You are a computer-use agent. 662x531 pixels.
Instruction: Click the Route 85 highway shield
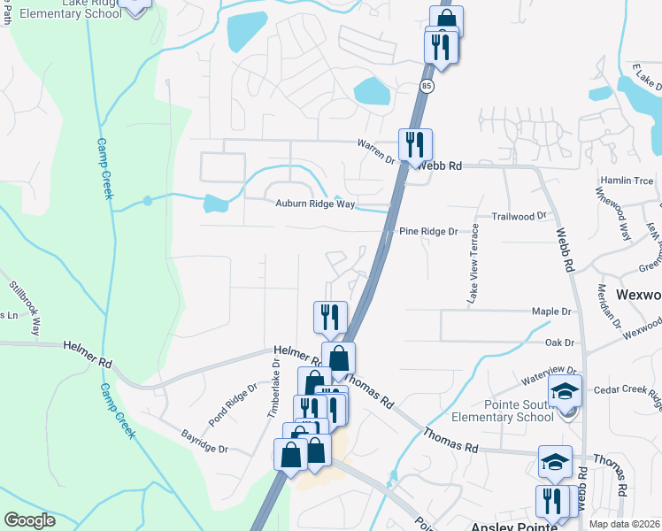coord(427,85)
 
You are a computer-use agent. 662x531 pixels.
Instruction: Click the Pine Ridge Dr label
coord(428,231)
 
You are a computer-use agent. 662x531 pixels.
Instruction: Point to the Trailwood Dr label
coord(519,216)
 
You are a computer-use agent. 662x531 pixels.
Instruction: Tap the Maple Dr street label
coord(551,312)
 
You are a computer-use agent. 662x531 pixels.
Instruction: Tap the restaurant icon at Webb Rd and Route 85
coord(415,143)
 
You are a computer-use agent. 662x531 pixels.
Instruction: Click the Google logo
coord(29,519)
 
